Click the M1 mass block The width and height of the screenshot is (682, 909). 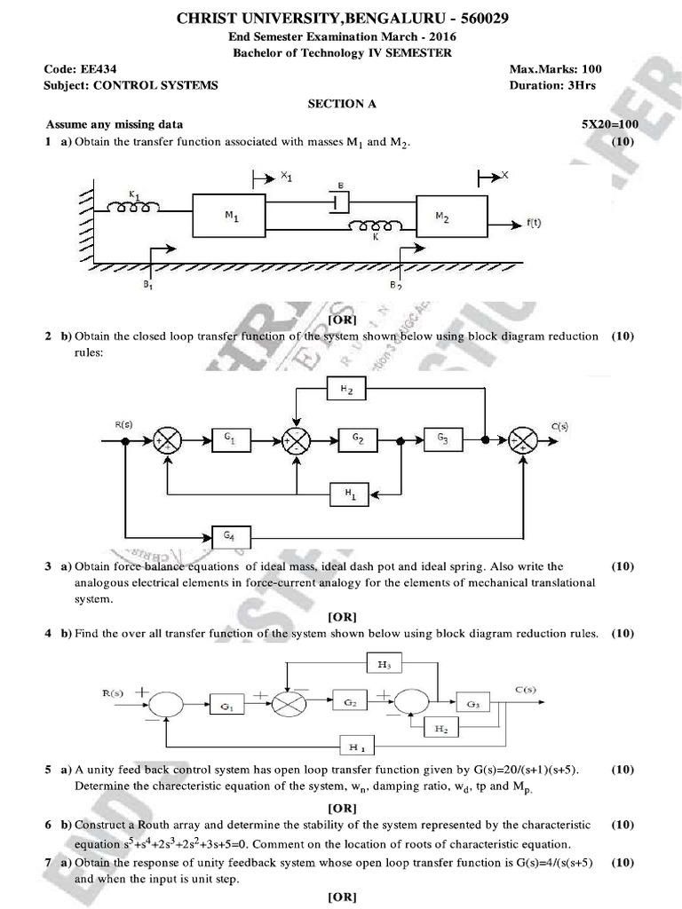(229, 216)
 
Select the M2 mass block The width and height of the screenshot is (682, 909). (449, 215)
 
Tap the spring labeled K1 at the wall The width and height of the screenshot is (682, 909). (134, 206)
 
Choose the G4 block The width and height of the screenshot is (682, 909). (232, 536)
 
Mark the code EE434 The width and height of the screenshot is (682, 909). (79, 68)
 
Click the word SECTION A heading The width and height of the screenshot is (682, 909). (342, 104)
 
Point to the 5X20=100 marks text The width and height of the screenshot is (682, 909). (609, 124)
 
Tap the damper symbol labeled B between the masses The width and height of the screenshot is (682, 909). (336, 201)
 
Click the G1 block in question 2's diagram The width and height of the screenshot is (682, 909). (230, 439)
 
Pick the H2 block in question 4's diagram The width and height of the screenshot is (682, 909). (440, 728)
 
